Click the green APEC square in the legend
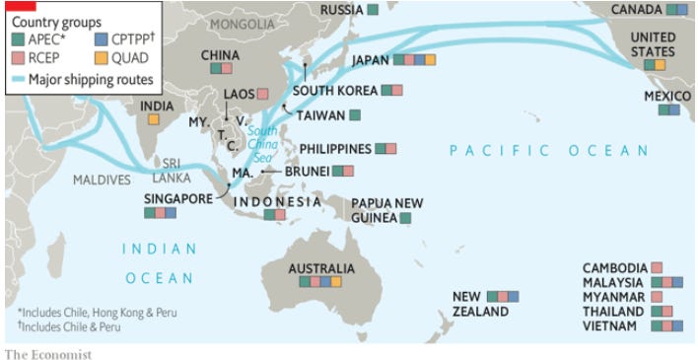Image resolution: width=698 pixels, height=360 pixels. coord(16,40)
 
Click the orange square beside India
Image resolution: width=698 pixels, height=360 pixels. coord(154,119)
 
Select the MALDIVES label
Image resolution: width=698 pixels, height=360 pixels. coord(102,180)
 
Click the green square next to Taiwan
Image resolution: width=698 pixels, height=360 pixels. coord(355,114)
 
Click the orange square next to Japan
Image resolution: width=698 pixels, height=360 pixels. coord(430,60)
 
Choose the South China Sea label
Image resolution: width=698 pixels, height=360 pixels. coord(261,144)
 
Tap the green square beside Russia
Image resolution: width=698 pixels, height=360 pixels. coord(373,10)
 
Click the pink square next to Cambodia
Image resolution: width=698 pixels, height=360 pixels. coord(657,268)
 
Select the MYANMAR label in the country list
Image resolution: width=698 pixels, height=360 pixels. coord(614,297)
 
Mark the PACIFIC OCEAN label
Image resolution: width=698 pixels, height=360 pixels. coord(549,151)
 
